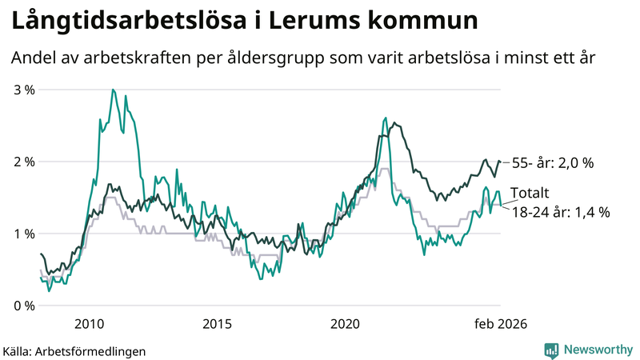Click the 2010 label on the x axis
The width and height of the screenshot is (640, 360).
(x=89, y=323)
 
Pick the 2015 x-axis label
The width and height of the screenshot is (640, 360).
(x=217, y=323)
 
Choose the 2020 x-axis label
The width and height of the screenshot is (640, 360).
(x=345, y=323)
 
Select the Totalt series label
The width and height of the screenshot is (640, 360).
(x=530, y=194)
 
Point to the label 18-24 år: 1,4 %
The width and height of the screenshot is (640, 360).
(x=560, y=212)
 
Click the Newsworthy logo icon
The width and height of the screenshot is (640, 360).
(x=551, y=350)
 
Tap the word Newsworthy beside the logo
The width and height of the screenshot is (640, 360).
(x=598, y=350)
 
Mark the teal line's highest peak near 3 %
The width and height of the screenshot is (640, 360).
(x=113, y=90)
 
